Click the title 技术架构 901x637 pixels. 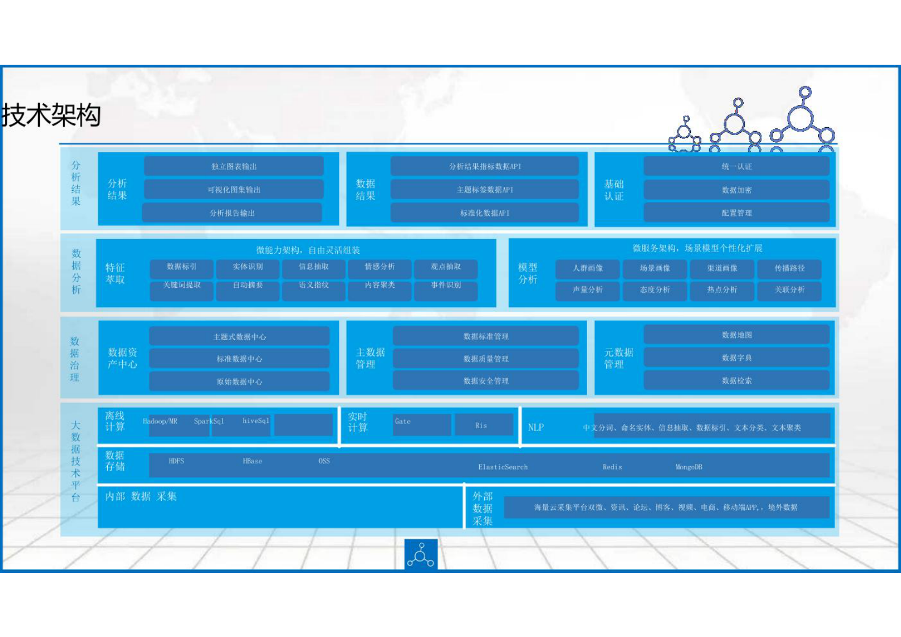coord(52,116)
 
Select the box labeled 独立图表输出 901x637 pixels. coord(234,166)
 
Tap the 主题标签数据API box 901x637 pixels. coord(485,190)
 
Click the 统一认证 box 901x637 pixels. coord(736,166)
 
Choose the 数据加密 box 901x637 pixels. coord(736,190)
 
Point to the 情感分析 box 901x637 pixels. coord(380,267)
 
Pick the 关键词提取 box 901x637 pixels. coord(182,285)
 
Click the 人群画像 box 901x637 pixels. coord(588,268)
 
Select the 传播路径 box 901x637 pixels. coord(789,268)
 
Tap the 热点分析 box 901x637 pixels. coord(722,290)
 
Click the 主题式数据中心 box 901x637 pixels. coord(239,337)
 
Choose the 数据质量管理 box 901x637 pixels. coord(485,359)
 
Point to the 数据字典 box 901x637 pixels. coord(736,358)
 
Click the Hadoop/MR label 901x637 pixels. coord(160,421)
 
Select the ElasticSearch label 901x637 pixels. coord(502,467)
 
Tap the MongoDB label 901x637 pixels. coord(689,467)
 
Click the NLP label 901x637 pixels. coord(535,428)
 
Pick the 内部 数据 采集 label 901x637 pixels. coord(141,496)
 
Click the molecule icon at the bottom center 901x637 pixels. coord(421,555)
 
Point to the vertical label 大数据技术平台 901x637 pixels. coord(76,461)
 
